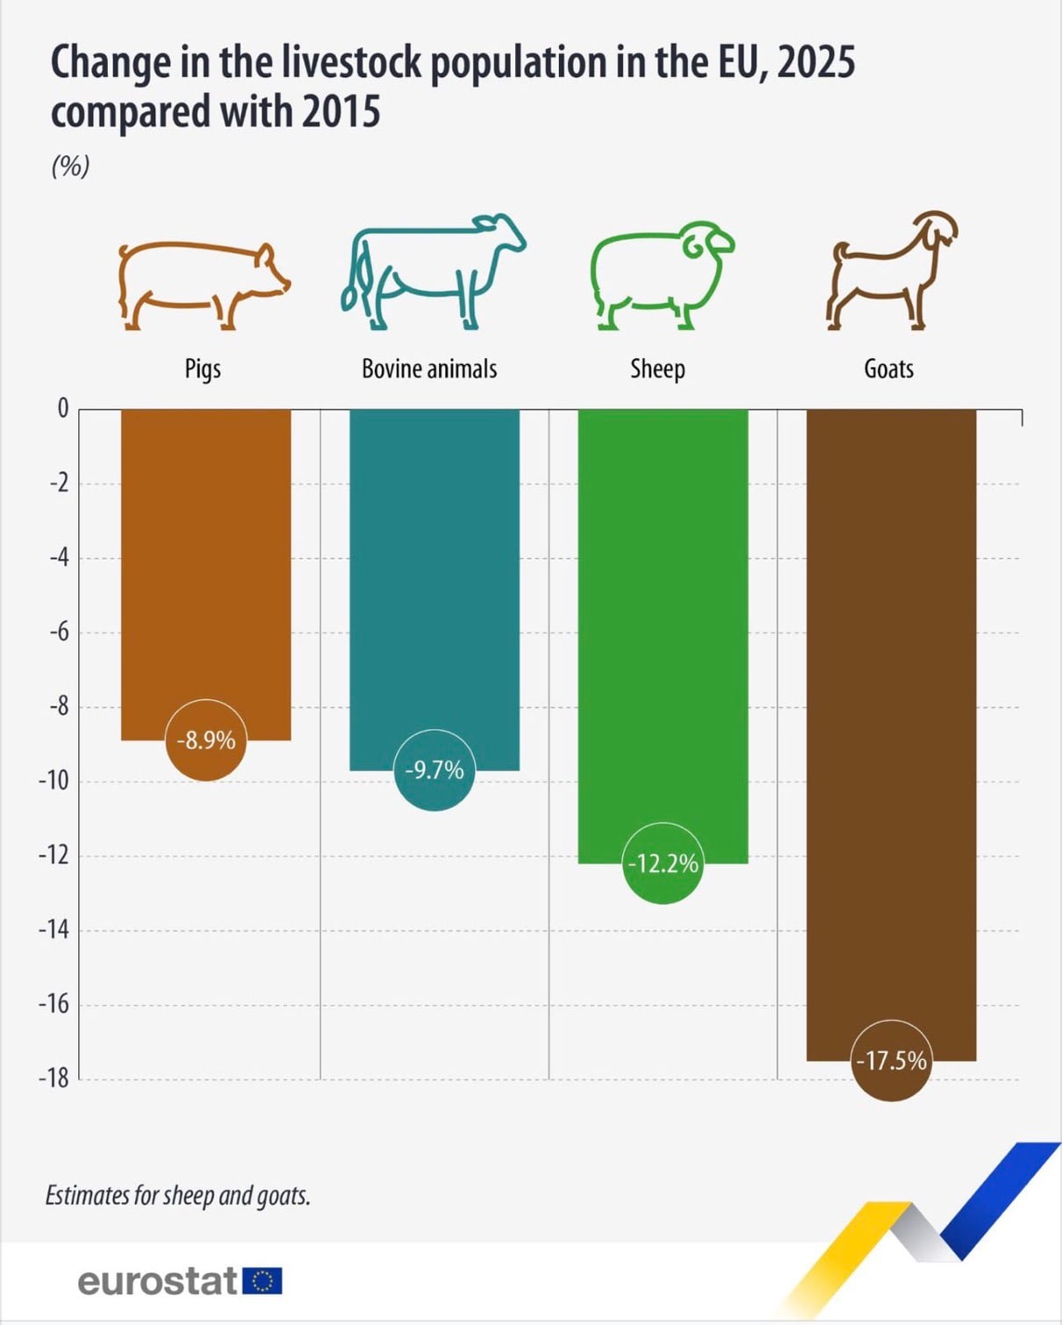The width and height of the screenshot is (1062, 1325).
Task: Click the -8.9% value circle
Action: (x=205, y=740)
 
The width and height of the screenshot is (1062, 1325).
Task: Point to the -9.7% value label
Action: (x=434, y=770)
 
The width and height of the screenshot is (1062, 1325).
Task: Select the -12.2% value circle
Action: (x=663, y=863)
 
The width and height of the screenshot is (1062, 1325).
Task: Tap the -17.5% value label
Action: (x=892, y=1061)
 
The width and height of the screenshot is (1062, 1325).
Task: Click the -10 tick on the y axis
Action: (x=54, y=782)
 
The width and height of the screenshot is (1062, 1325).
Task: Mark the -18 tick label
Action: (x=54, y=1078)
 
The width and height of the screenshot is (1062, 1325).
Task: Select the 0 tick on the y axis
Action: (x=63, y=408)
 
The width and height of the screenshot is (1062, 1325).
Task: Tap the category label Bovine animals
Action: (x=429, y=369)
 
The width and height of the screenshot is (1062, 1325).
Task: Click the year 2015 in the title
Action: (x=341, y=111)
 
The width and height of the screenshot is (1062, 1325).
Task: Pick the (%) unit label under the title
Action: (x=71, y=166)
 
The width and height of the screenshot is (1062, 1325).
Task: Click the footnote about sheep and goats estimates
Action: (x=178, y=1196)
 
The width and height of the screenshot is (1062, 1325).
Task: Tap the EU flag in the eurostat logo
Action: (x=263, y=1281)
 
